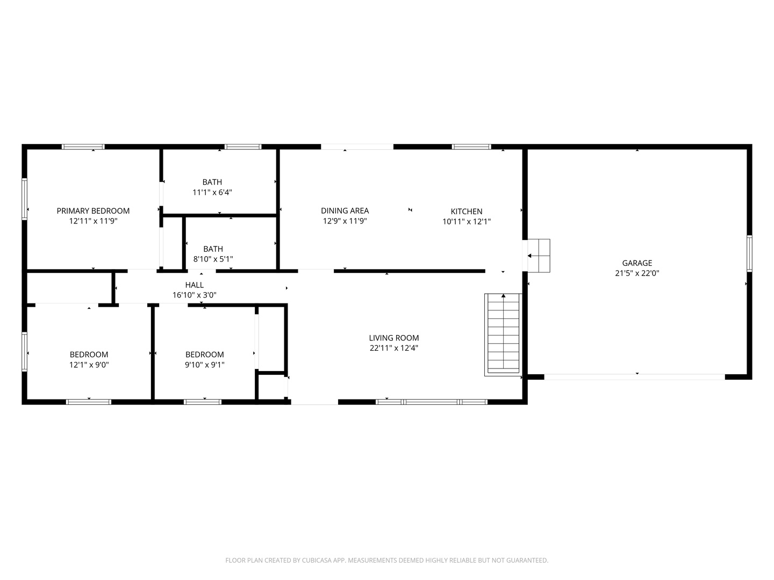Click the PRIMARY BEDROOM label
[x=93, y=211]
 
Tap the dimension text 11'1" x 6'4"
[x=212, y=192]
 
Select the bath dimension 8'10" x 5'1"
[x=213, y=259]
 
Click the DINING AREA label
[x=345, y=211]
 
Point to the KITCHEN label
[x=466, y=212]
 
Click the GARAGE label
[x=637, y=263]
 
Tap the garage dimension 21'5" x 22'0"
[x=637, y=273]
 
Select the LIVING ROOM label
[x=393, y=338]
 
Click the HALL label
[x=194, y=285]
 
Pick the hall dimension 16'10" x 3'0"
[x=194, y=295]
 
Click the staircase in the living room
[x=503, y=334]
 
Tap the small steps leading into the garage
[x=539, y=256]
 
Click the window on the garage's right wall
[x=749, y=253]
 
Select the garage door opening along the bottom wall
[x=634, y=377]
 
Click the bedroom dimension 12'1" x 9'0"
[x=89, y=365]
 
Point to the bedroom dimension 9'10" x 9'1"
[x=204, y=365]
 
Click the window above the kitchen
[x=471, y=147]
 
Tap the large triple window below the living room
[x=432, y=402]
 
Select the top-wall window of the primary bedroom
[x=83, y=147]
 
